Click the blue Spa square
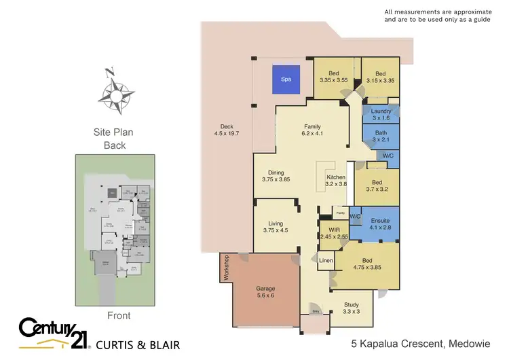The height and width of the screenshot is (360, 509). (286, 79)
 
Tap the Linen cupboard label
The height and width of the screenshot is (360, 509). (326, 261)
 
